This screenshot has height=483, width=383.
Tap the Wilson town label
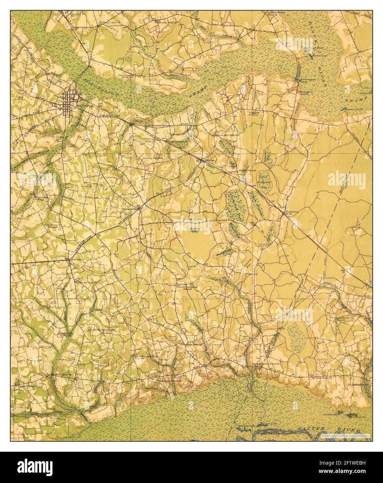click(209, 160)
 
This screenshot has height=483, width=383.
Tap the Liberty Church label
click(153, 158)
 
